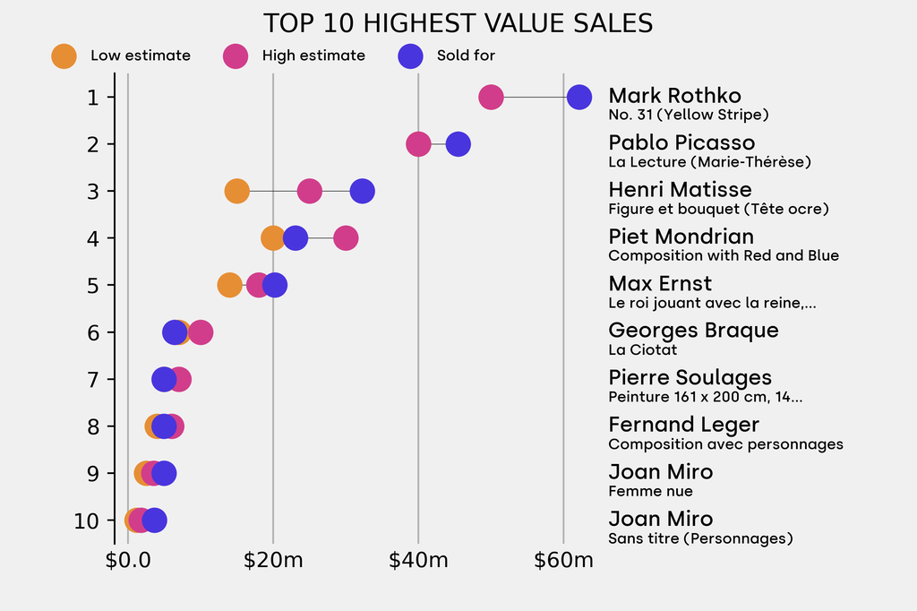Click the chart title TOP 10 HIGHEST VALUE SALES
pos(458,22)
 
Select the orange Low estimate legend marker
pos(64,56)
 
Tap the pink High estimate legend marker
pos(236,56)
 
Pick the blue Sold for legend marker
pos(409,56)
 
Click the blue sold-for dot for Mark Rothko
pos(578,98)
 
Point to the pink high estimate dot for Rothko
pos(491,98)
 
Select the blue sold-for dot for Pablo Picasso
pos(458,144)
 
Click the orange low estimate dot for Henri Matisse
pos(236,191)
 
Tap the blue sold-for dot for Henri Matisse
pos(362,191)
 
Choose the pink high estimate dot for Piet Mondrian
pos(346,238)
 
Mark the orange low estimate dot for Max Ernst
pos(229,285)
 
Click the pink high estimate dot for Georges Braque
pos(201,332)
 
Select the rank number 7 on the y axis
pos(93,379)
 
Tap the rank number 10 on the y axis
pos(88,521)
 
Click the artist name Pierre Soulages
pos(690,377)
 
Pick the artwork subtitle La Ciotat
pos(642,349)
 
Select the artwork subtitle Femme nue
pos(650,491)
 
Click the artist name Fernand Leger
pos(683,425)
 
